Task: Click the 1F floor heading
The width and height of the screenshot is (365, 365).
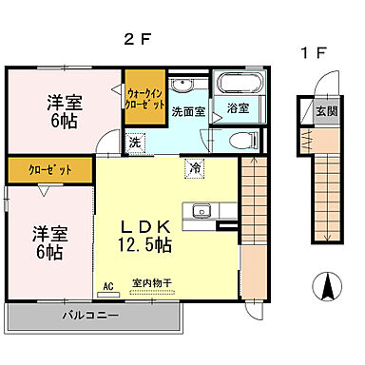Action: (x=315, y=54)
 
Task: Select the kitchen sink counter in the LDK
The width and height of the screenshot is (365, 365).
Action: (x=202, y=212)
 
